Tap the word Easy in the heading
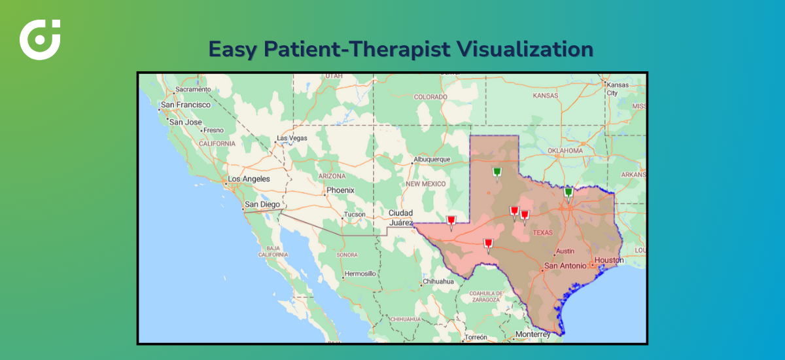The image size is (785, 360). (x=234, y=49)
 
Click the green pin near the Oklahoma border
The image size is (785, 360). (x=568, y=193)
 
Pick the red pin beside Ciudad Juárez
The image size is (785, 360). (x=451, y=221)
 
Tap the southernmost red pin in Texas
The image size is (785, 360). (x=487, y=245)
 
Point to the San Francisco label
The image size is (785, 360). (x=186, y=105)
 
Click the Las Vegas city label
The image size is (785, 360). (x=292, y=138)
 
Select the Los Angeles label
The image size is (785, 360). (x=249, y=179)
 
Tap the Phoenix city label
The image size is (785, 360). (x=340, y=190)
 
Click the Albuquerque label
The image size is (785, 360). (x=432, y=159)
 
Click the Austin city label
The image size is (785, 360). (x=565, y=251)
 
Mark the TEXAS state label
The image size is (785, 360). (x=542, y=232)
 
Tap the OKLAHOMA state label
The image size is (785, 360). (x=565, y=151)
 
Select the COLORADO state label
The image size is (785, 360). (x=430, y=97)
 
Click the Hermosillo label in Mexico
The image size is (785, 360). (x=360, y=273)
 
